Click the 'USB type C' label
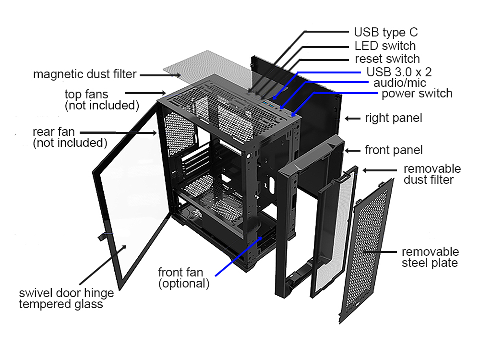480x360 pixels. [x=385, y=33]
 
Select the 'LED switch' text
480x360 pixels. [x=385, y=46]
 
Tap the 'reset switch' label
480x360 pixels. [x=387, y=59]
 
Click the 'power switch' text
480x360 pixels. [x=417, y=93]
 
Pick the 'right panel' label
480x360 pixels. [x=394, y=118]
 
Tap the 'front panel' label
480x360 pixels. [x=394, y=150]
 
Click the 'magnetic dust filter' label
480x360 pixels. [x=85, y=74]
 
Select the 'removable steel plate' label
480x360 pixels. [x=430, y=257]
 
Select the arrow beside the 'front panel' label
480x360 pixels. [x=353, y=150]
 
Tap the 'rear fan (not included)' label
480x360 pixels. [x=70, y=137]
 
